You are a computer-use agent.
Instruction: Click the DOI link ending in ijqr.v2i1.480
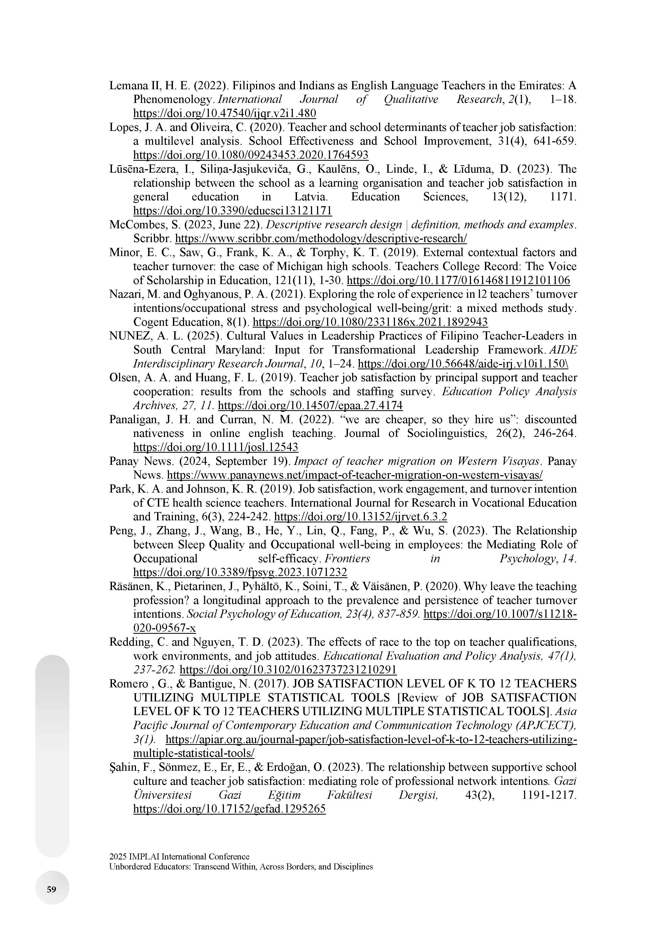click(225, 113)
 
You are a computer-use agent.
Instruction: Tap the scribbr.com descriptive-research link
click(321, 238)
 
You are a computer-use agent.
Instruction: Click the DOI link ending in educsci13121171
click(233, 211)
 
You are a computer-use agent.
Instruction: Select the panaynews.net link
click(355, 475)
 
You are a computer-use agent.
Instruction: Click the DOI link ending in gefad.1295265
click(229, 809)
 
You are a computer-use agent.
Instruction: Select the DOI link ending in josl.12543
click(216, 447)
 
